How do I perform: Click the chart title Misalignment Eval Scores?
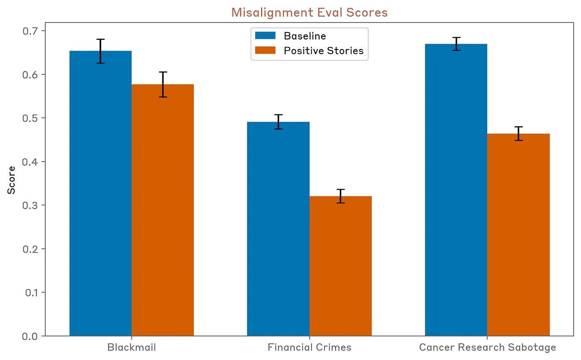309,12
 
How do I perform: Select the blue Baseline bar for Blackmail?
100,193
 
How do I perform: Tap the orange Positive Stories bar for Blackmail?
163,210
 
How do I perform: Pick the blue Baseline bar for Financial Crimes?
278,229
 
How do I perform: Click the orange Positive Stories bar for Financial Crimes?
341,266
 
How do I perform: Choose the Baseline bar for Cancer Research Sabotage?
456,190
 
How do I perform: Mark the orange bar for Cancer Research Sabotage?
518,235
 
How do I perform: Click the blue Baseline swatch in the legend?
265,36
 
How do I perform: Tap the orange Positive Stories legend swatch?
265,50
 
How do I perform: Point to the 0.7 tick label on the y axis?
30,31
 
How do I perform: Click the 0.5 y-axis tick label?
30,118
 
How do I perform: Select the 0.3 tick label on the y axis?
30,205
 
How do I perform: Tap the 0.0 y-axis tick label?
30,336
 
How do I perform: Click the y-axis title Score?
11,180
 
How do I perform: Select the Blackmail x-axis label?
132,347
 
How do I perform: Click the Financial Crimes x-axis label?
310,347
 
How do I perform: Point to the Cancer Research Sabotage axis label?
487,347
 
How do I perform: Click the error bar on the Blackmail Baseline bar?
100,51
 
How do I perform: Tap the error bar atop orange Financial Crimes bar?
341,196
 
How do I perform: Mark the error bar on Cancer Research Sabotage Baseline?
456,44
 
